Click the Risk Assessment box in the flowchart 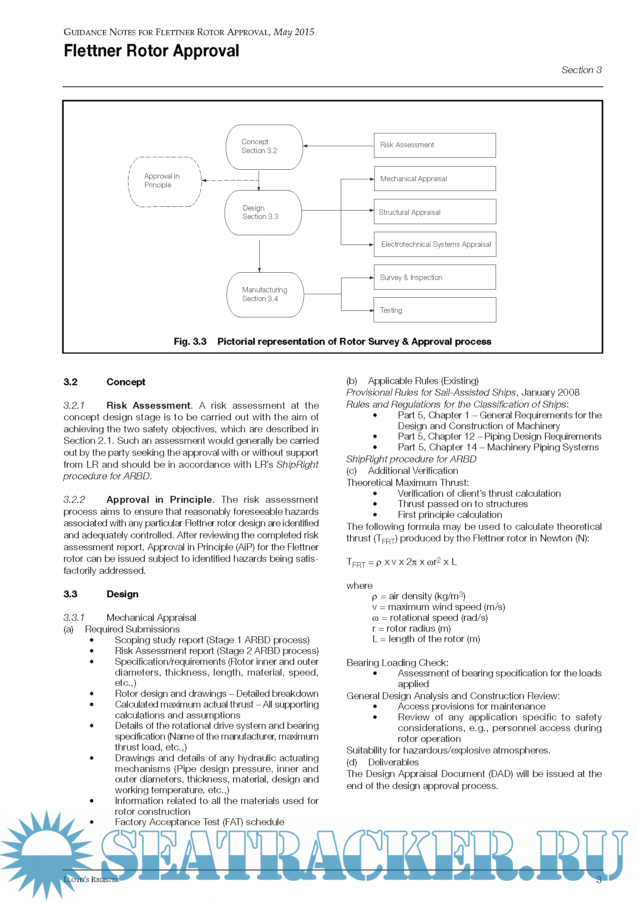434,145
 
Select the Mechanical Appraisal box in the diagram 434,179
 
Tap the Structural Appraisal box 434,212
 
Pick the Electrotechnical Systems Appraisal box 434,244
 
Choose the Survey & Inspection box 434,277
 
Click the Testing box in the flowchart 434,310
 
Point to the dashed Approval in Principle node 165,182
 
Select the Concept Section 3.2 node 264,147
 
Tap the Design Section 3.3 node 263,212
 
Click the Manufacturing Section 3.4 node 265,295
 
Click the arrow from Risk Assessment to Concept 338,146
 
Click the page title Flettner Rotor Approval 151,51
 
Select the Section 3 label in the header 581,70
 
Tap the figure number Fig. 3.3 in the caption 190,342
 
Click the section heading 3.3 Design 101,594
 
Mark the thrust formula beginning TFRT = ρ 401,562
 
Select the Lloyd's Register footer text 91,880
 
